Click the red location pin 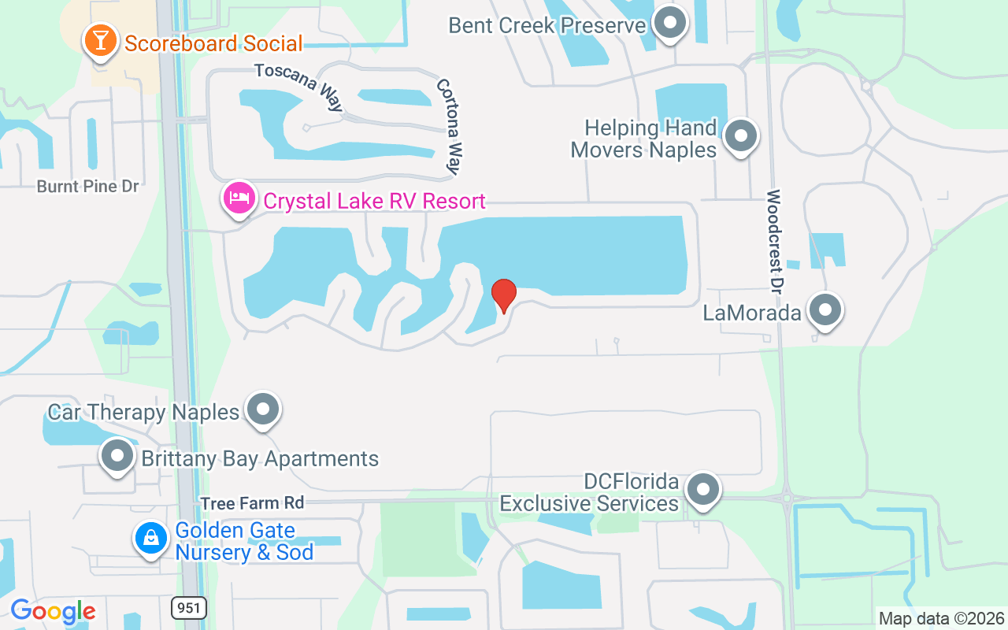[504, 295]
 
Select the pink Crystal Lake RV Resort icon [239, 198]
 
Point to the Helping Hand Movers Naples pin [739, 136]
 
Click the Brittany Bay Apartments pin [118, 456]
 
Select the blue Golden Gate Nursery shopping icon [151, 539]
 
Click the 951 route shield [188, 607]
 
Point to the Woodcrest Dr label [776, 228]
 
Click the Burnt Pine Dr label [87, 187]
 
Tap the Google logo [53, 611]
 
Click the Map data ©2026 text [941, 618]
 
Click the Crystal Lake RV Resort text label [374, 201]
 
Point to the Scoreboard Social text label [213, 43]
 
